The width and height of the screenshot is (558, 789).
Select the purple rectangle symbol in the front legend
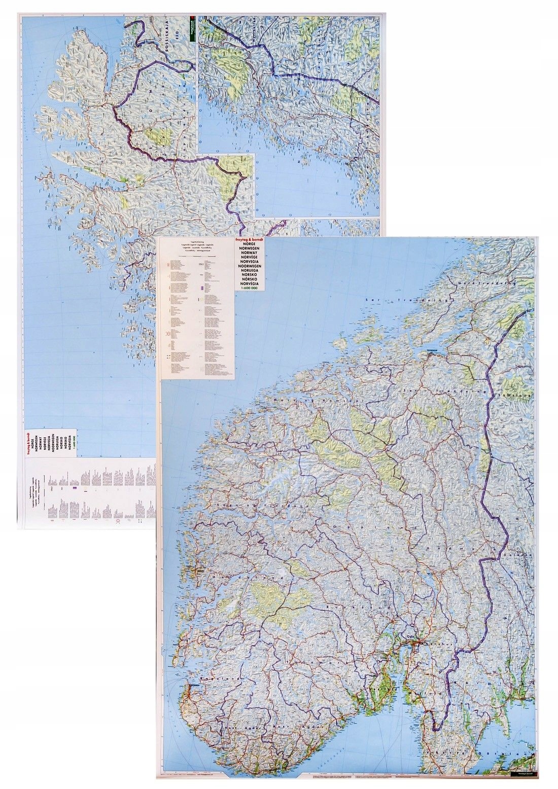coord(203,287)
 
